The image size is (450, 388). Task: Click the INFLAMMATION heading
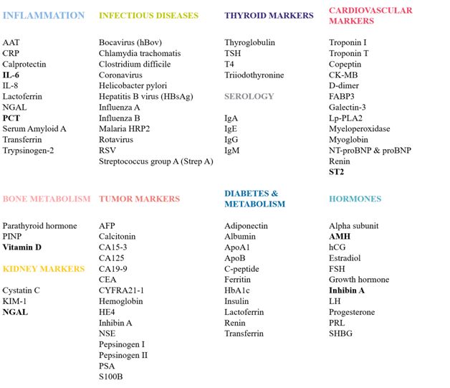pyautogui.click(x=43, y=15)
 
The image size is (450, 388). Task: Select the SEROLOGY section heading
pyautogui.click(x=249, y=96)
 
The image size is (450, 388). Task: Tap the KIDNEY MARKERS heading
pyautogui.click(x=44, y=269)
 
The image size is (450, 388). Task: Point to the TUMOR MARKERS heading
pyautogui.click(x=139, y=199)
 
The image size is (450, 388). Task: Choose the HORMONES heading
pyautogui.click(x=355, y=199)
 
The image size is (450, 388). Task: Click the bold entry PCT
pyautogui.click(x=11, y=118)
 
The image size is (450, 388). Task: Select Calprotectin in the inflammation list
pyautogui.click(x=24, y=64)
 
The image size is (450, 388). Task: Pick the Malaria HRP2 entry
pyautogui.click(x=126, y=128)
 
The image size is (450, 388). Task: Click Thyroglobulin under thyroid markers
pyautogui.click(x=249, y=42)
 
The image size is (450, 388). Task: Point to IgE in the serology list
pyautogui.click(x=231, y=128)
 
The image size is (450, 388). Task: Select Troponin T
pyautogui.click(x=349, y=53)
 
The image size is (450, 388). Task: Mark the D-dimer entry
pyautogui.click(x=344, y=85)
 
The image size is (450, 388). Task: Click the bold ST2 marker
pyautogui.click(x=336, y=171)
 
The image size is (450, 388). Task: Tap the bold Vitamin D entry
pyautogui.click(x=22, y=247)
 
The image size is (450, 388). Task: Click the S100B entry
pyautogui.click(x=112, y=377)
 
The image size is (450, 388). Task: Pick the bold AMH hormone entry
pyautogui.click(x=340, y=236)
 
